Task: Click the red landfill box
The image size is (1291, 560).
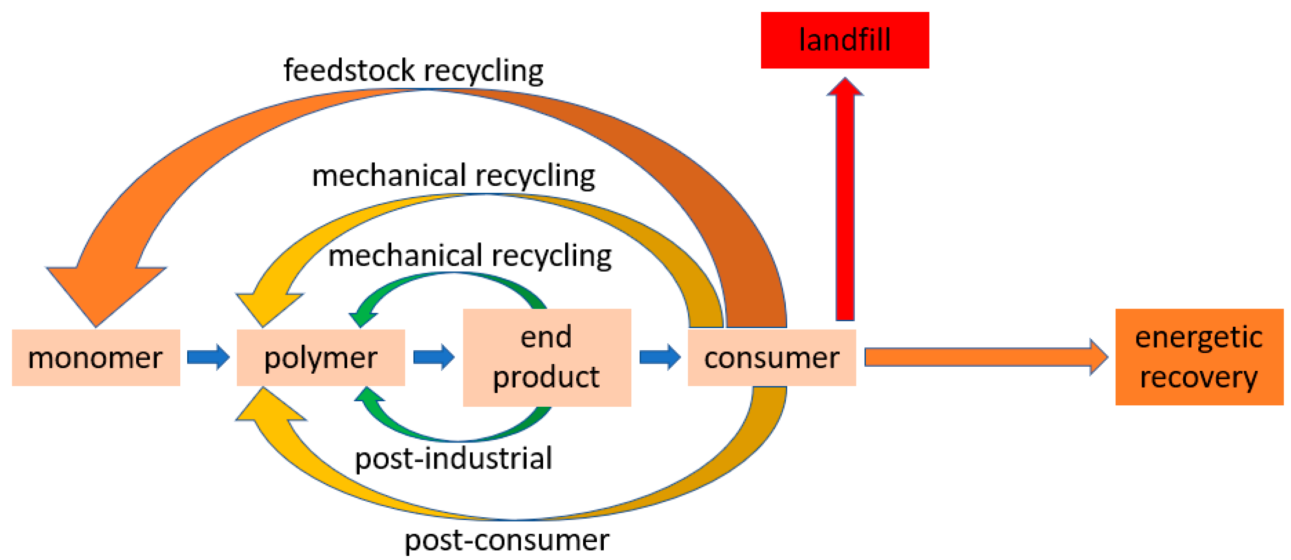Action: pyautogui.click(x=845, y=40)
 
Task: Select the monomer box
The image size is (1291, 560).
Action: pyautogui.click(x=96, y=358)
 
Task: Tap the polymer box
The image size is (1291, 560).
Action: pyautogui.click(x=320, y=358)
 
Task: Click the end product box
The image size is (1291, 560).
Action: pyautogui.click(x=546, y=357)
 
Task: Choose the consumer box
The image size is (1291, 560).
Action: pyautogui.click(x=771, y=358)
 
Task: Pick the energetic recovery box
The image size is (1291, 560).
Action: pyautogui.click(x=1199, y=357)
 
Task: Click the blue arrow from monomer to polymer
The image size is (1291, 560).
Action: pyautogui.click(x=208, y=357)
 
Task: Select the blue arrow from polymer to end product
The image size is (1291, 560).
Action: pyautogui.click(x=434, y=357)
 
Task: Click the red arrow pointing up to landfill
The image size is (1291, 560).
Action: pyautogui.click(x=845, y=201)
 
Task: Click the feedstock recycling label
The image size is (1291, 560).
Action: pyautogui.click(x=413, y=71)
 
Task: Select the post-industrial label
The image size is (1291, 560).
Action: pyautogui.click(x=453, y=458)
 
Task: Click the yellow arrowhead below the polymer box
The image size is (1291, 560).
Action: pyautogui.click(x=268, y=409)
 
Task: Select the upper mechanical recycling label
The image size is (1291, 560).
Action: pyautogui.click(x=453, y=176)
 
